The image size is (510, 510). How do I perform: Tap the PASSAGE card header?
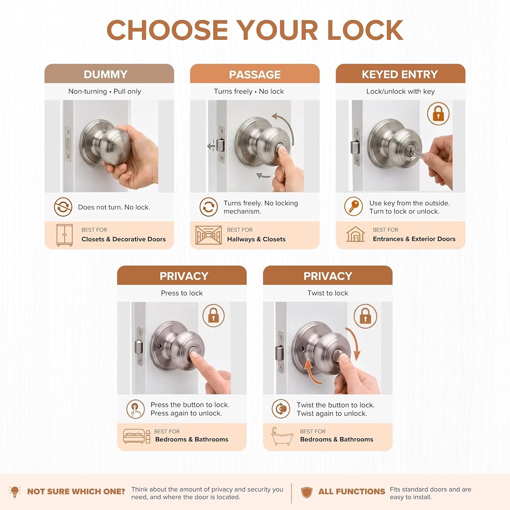pyautogui.click(x=255, y=74)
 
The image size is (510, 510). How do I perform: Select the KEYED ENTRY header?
pyautogui.click(x=400, y=74)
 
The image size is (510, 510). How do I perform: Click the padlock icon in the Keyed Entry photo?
pyautogui.click(x=438, y=114)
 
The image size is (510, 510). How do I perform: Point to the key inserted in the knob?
pyautogui.click(x=417, y=153)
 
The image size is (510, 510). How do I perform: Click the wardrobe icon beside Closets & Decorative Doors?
pyautogui.click(x=64, y=235)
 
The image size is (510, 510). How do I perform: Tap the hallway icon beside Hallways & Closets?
pyautogui.click(x=209, y=235)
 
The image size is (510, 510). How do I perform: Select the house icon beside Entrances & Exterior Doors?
pyautogui.click(x=356, y=234)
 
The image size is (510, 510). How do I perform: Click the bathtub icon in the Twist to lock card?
pyautogui.click(x=282, y=436)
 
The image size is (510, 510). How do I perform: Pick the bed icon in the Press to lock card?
pyautogui.click(x=136, y=436)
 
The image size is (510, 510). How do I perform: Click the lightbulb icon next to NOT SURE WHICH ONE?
pyautogui.click(x=14, y=492)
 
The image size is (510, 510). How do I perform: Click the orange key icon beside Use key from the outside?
pyautogui.click(x=354, y=206)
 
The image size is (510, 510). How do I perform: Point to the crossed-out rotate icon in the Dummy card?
pyautogui.click(x=63, y=207)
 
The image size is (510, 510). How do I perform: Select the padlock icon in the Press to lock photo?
pyautogui.click(x=213, y=315)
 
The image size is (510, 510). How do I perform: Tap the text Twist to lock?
pyautogui.click(x=328, y=293)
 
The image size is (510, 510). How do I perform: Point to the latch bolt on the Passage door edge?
pyautogui.click(x=220, y=145)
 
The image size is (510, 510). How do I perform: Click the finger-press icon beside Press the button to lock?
pyautogui.click(x=135, y=409)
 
